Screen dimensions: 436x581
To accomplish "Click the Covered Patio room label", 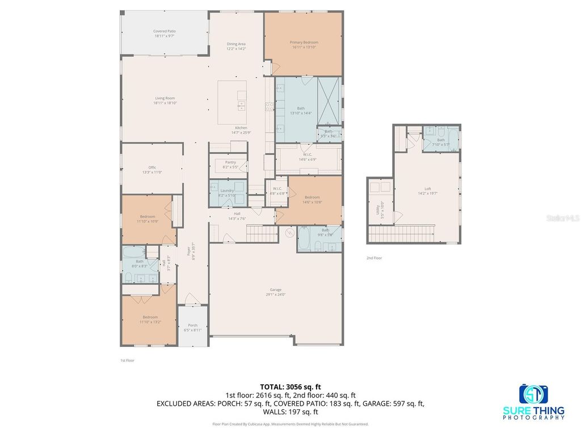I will (164, 33).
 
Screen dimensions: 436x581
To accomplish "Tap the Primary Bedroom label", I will (304, 44).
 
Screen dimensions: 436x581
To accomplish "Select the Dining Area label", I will (236, 46).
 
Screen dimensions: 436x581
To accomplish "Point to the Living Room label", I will (165, 100).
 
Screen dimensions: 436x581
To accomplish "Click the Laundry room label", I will (227, 192).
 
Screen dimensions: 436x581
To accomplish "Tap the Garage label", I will (276, 292).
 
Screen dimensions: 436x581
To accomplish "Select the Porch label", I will (193, 327).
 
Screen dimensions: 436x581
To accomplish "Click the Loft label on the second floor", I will (428, 191).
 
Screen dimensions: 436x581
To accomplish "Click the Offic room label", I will (152, 169).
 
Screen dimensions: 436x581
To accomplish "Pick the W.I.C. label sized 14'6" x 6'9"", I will (307, 157).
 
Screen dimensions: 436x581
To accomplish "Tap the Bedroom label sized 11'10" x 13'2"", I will (150, 319).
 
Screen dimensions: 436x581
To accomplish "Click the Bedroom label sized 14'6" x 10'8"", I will (312, 199).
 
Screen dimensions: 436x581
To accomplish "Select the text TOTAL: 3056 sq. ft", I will (290, 387).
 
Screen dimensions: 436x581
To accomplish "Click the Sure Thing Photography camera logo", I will (533, 394).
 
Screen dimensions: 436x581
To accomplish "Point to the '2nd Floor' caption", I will (374, 258).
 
